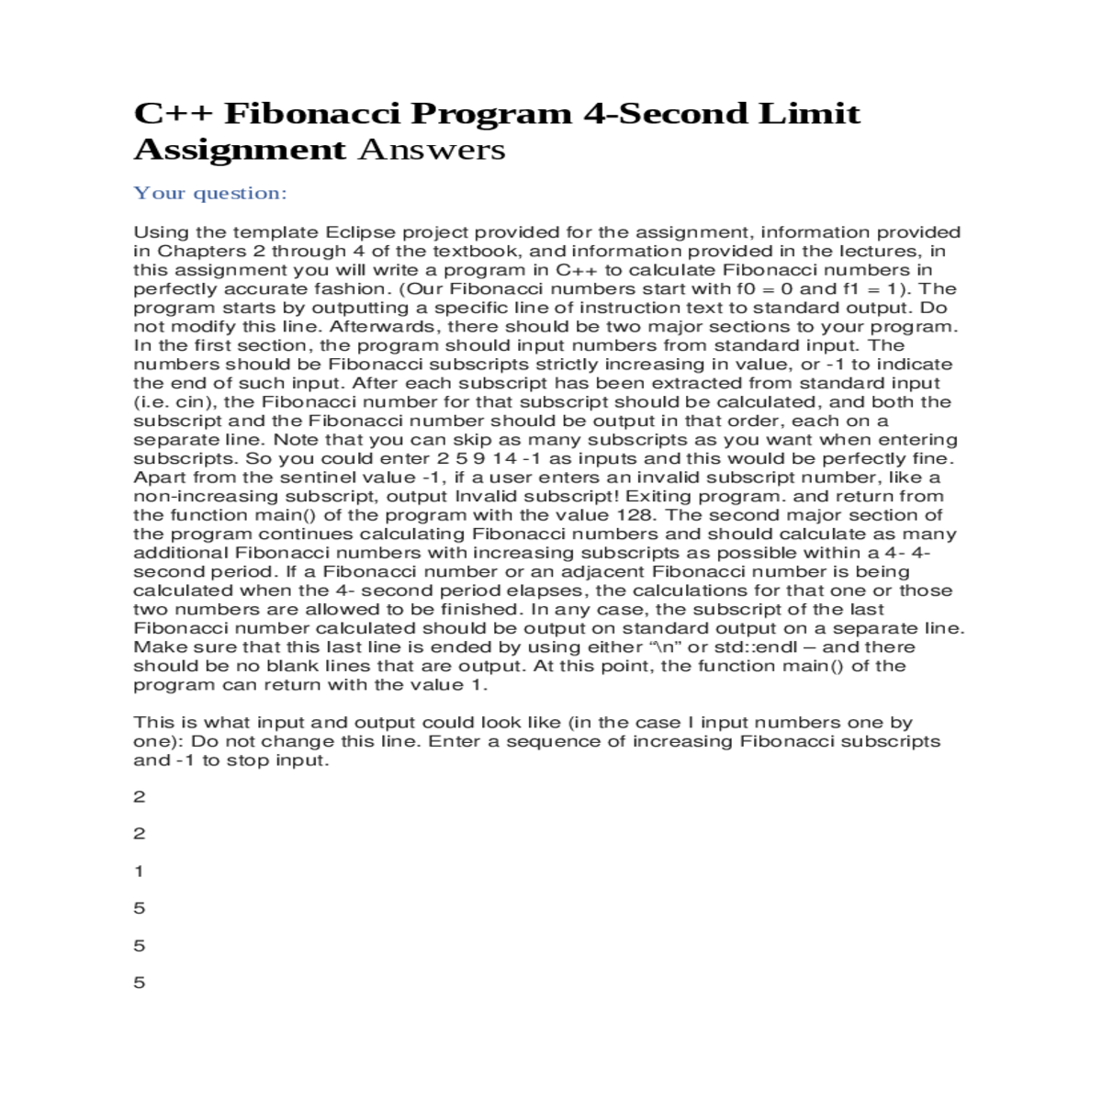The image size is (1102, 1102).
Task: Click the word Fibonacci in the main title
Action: (x=311, y=114)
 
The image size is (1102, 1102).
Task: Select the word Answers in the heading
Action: (x=431, y=150)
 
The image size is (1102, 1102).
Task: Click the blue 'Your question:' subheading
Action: (x=210, y=193)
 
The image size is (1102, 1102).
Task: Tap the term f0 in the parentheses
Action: (x=737, y=289)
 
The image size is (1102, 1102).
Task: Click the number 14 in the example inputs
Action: (x=504, y=458)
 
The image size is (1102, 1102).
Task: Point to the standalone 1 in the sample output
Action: (x=139, y=871)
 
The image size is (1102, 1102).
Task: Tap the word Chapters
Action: (x=201, y=252)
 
